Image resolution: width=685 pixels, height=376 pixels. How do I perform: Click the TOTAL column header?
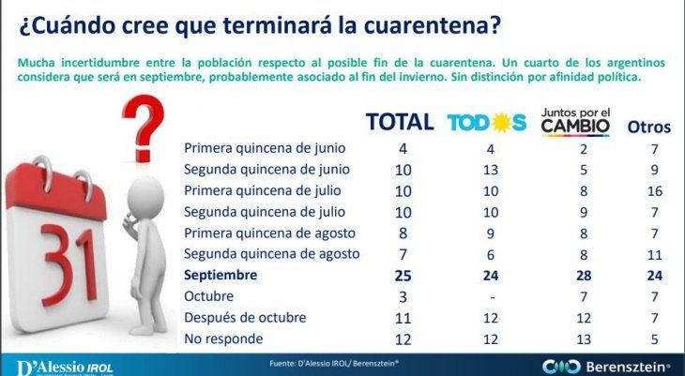pos(399,122)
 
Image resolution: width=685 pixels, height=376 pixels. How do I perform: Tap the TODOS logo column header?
pos(487,123)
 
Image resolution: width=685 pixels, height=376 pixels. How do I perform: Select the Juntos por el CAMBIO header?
pos(575,120)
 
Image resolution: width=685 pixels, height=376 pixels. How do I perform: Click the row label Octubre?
pos(209,297)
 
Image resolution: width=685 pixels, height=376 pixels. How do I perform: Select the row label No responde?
pos(223,338)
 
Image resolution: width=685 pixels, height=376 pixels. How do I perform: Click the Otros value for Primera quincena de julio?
pos(654,191)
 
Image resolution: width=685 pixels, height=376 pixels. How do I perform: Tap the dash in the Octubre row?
pos(486,297)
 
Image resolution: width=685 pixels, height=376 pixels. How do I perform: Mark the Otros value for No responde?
pos(654,338)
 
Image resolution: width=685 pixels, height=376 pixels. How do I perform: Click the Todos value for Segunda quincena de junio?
pos(486,170)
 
